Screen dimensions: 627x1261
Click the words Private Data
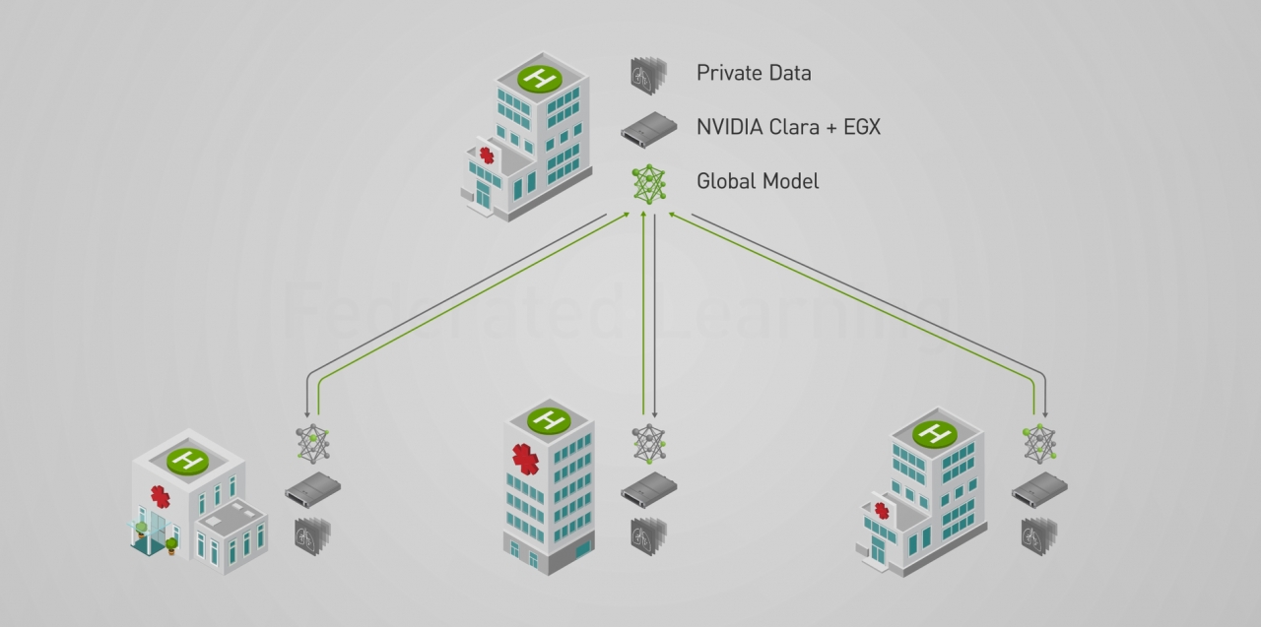pyautogui.click(x=754, y=73)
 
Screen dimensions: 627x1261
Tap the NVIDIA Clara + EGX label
pyautogui.click(x=788, y=127)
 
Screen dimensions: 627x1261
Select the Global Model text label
pyautogui.click(x=757, y=181)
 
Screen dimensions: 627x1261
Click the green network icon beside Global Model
pyautogui.click(x=648, y=184)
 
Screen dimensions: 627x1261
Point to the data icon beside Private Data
pyautogui.click(x=648, y=75)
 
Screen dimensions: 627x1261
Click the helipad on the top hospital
pyautogui.click(x=539, y=78)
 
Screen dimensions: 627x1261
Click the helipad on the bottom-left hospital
pyautogui.click(x=186, y=459)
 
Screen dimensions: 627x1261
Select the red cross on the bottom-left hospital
pyautogui.click(x=160, y=496)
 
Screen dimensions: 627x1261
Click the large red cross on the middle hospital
pyautogui.click(x=526, y=460)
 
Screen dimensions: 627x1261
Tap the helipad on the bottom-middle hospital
pyautogui.click(x=549, y=420)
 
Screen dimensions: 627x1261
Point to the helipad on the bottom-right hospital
pyautogui.click(x=933, y=432)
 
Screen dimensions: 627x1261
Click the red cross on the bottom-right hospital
pyautogui.click(x=882, y=510)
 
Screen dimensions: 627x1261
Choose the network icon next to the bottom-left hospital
pyautogui.click(x=313, y=444)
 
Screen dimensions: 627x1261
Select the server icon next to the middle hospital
pyautogui.click(x=648, y=489)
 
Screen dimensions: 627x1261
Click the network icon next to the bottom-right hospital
pyautogui.click(x=1039, y=443)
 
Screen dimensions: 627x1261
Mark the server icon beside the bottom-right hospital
pyautogui.click(x=1039, y=488)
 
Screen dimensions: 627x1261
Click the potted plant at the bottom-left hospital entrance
pyautogui.click(x=172, y=545)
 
